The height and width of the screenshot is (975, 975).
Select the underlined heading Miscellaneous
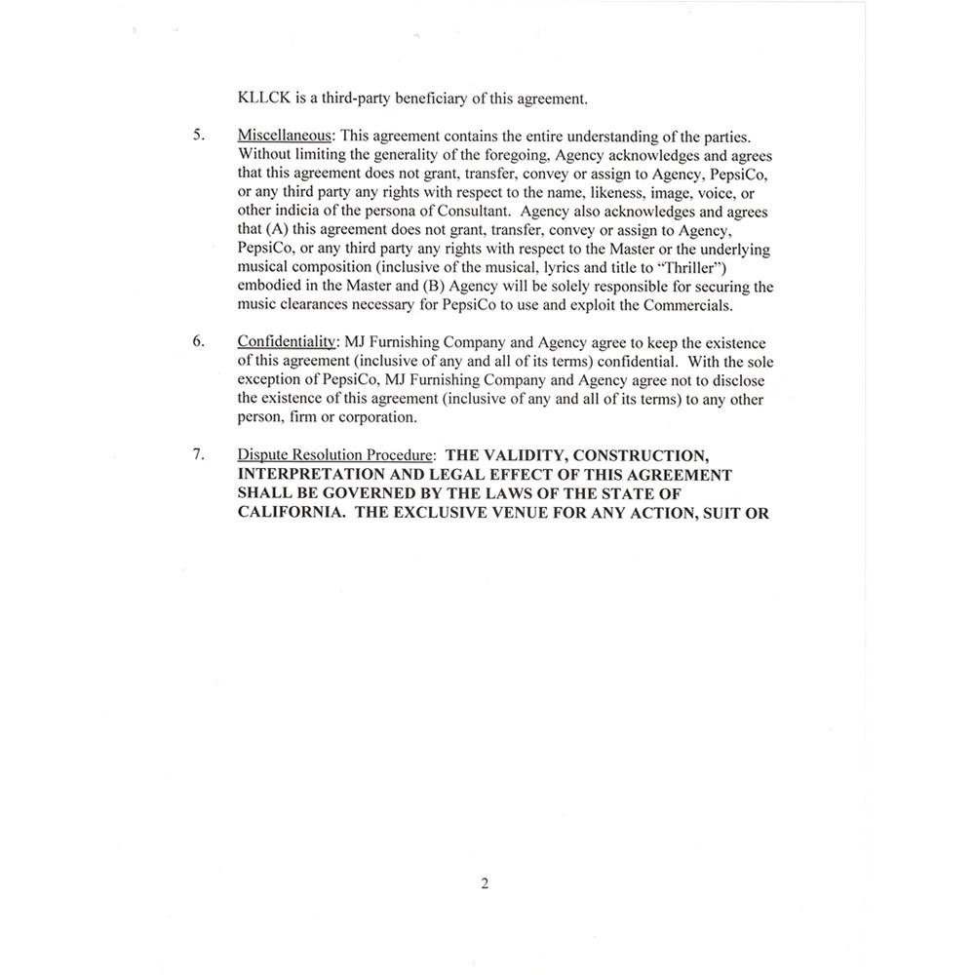[285, 136]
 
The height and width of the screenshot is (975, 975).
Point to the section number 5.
[198, 136]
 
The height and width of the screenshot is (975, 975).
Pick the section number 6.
[198, 343]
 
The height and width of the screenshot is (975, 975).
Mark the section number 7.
[198, 455]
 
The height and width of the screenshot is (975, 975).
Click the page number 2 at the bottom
[485, 884]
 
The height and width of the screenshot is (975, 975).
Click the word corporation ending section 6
[377, 417]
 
